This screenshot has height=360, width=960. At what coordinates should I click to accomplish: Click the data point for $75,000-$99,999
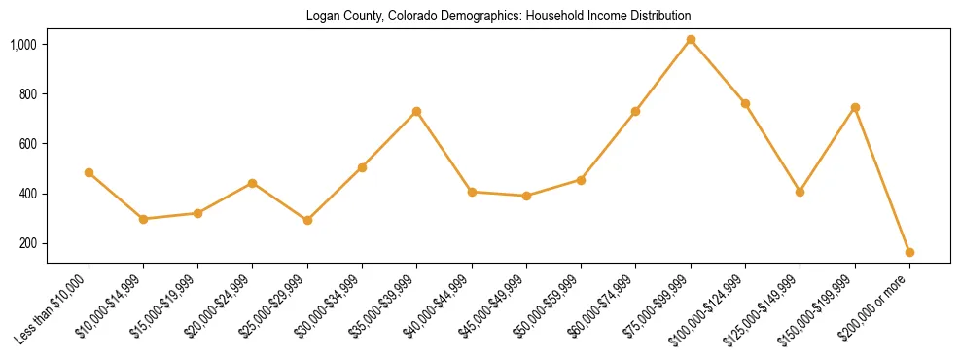tap(691, 39)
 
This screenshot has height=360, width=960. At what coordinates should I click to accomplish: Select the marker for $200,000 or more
tap(909, 252)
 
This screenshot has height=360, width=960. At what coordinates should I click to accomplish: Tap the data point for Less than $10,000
tap(89, 172)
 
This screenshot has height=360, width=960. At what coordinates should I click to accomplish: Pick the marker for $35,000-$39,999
tap(416, 111)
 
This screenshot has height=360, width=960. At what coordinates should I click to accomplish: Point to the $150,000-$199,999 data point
tap(855, 107)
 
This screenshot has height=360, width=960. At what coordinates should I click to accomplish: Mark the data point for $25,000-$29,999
tap(307, 220)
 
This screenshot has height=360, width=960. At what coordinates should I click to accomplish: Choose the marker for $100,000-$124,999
tap(745, 103)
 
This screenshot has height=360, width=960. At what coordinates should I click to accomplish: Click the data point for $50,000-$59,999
tap(581, 180)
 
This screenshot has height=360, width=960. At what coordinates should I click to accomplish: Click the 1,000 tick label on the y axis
tap(24, 45)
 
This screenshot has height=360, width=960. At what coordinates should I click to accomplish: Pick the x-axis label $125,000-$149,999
tap(766, 308)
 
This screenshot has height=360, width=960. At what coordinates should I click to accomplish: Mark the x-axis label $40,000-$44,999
tap(440, 306)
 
